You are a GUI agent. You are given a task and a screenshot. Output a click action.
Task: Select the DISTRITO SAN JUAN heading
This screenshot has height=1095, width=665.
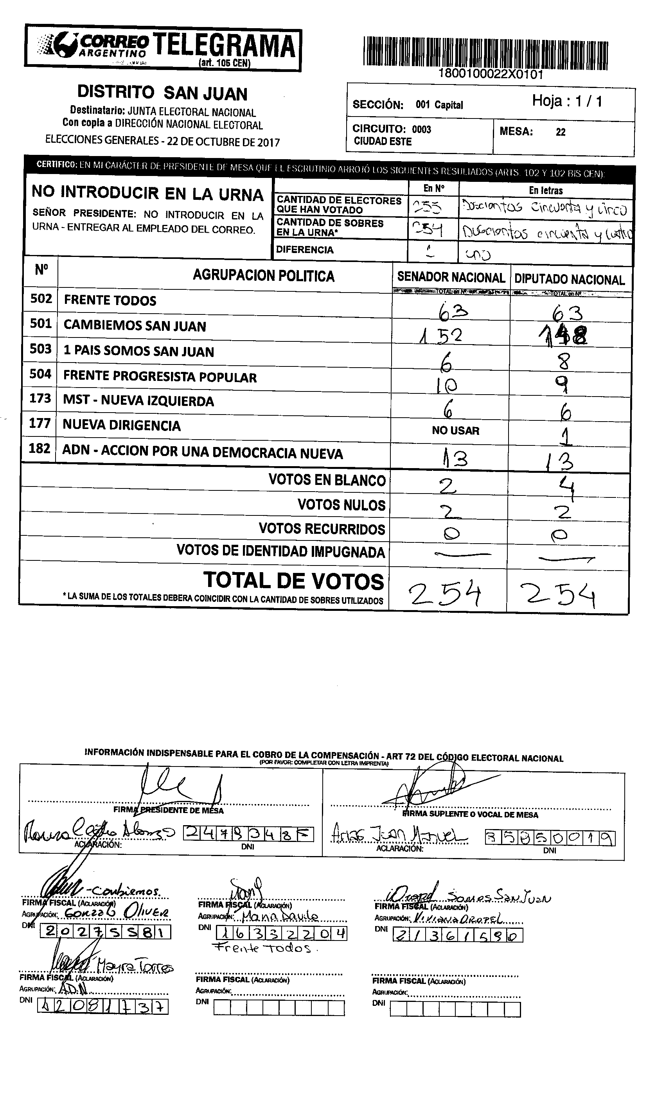pos(162,93)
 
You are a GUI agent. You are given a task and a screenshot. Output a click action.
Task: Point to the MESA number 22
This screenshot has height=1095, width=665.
pos(561,132)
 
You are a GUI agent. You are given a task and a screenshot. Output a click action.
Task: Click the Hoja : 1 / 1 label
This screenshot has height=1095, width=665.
pos(567,101)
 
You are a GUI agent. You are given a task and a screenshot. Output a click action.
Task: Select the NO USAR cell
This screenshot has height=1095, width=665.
pos(455,431)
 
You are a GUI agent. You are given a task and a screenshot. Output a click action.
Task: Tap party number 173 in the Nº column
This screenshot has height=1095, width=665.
pos(40,398)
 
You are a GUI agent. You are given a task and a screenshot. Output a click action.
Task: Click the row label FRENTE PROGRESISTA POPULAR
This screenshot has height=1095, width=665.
pos(160,377)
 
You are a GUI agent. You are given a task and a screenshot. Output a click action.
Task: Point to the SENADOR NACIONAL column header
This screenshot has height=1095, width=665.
pos(451,277)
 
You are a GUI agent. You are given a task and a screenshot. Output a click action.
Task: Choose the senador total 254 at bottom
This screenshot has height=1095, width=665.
pos(445,594)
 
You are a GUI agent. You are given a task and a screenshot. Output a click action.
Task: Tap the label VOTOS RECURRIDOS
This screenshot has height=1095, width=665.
pos(322,529)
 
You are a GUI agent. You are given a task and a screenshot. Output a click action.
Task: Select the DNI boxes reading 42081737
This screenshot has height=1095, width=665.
pos(102,1006)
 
